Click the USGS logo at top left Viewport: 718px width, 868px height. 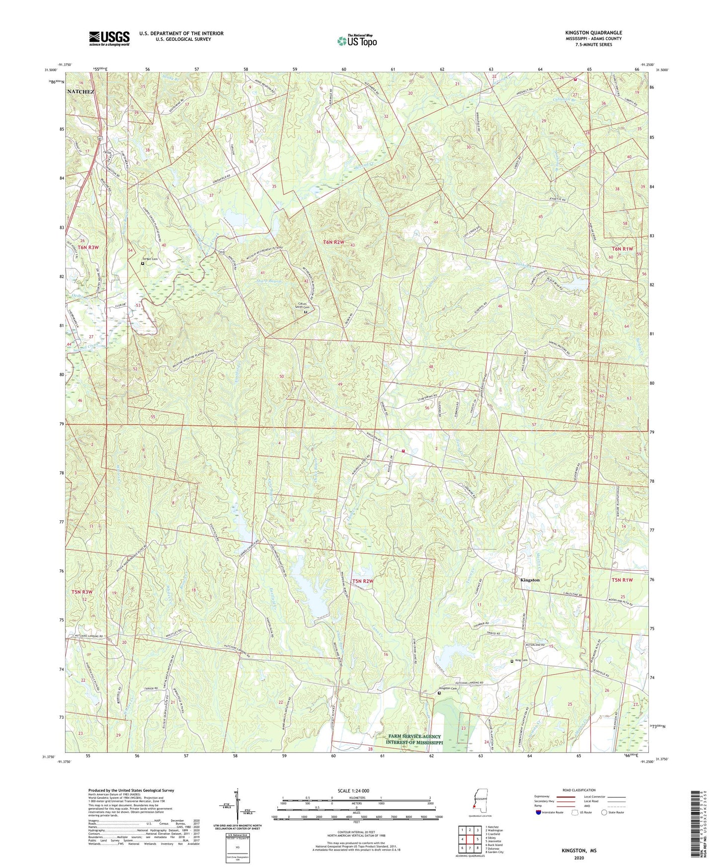pos(109,38)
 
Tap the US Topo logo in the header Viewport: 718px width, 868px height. pos(357,41)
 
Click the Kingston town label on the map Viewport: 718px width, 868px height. pos(530,580)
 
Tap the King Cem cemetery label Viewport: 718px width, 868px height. pos(521,661)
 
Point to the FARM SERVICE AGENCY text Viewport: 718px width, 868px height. pos(414,736)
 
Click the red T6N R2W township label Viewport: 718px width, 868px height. pos(333,242)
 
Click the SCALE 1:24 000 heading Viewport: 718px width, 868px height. pos(357,791)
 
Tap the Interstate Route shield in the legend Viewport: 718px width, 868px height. pos(539,813)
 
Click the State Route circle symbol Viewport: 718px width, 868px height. pos(604,813)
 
